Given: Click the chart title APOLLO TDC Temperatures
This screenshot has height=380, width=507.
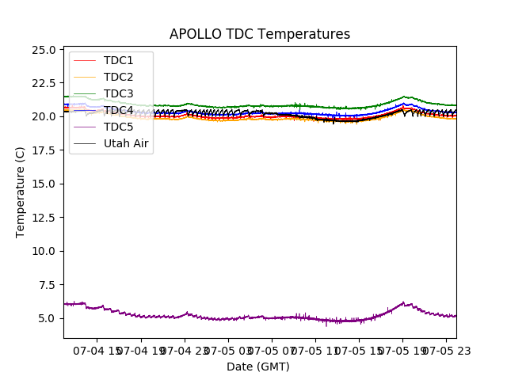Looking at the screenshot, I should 260,34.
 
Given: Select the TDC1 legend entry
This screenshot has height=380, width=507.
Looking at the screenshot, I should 118,60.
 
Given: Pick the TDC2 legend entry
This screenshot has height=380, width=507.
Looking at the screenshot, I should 118,77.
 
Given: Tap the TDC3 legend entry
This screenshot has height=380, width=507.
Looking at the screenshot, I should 118,93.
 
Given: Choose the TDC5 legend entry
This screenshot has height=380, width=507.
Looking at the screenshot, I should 118,127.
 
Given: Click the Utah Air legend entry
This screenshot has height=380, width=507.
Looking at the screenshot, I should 126,143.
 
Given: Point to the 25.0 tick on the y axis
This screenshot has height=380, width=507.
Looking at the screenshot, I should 45,49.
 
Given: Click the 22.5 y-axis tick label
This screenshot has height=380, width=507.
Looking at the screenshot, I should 45,83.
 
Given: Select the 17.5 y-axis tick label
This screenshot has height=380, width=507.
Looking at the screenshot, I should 45,150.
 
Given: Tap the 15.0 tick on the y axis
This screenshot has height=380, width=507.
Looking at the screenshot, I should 45,184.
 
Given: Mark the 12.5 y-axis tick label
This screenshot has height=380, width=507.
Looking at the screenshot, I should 45,218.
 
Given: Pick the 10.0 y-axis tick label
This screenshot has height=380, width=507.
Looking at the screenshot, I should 45,251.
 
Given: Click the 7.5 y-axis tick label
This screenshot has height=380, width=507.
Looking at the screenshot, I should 48,285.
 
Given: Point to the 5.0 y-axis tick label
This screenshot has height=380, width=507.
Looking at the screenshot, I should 48,318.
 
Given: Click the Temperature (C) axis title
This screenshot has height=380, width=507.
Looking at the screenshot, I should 21,192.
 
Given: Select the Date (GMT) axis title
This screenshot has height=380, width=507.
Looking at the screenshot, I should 258,367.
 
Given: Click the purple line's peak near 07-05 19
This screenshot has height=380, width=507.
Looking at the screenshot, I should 403,302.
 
